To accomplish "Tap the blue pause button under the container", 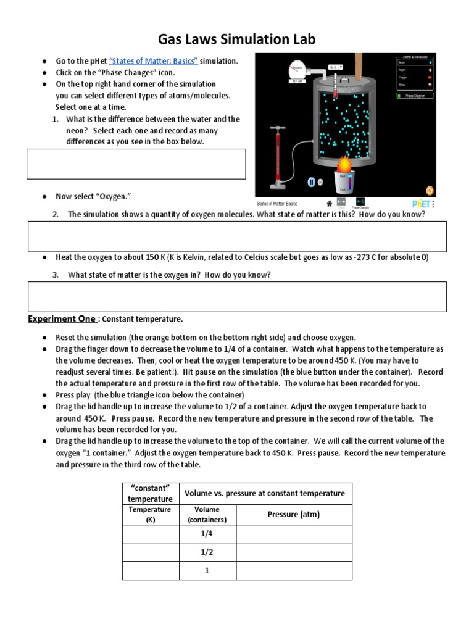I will [x=312, y=182].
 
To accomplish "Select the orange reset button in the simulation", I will [x=430, y=189].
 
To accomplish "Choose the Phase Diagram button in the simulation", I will [x=415, y=96].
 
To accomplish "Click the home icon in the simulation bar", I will [x=329, y=202].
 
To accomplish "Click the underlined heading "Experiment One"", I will [x=62, y=319].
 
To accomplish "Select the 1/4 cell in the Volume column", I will [x=207, y=534].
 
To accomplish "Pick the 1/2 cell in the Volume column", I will [x=207, y=552].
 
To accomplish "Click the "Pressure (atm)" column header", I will [x=294, y=514].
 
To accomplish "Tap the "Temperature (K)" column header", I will [x=150, y=514].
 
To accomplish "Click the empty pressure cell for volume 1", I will [x=294, y=571].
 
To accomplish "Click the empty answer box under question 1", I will [x=136, y=164].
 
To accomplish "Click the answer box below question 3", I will [x=238, y=296].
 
